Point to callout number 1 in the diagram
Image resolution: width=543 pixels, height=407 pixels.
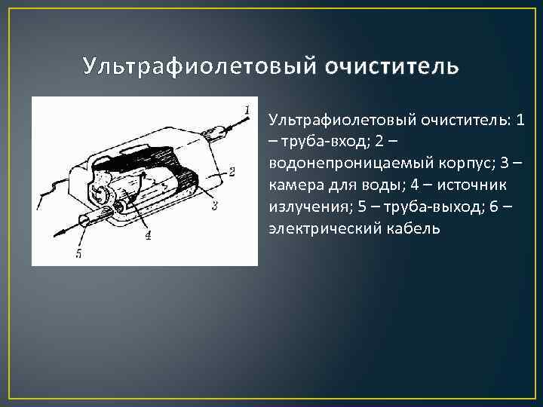click(x=247, y=110)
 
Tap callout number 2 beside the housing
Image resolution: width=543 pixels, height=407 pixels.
click(x=232, y=172)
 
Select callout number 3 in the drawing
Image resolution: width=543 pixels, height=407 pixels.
click(x=214, y=204)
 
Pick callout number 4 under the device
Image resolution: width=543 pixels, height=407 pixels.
click(x=148, y=235)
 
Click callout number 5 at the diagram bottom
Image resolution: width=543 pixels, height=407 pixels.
click(x=78, y=254)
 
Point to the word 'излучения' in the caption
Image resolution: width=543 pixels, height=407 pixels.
click(x=305, y=207)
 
